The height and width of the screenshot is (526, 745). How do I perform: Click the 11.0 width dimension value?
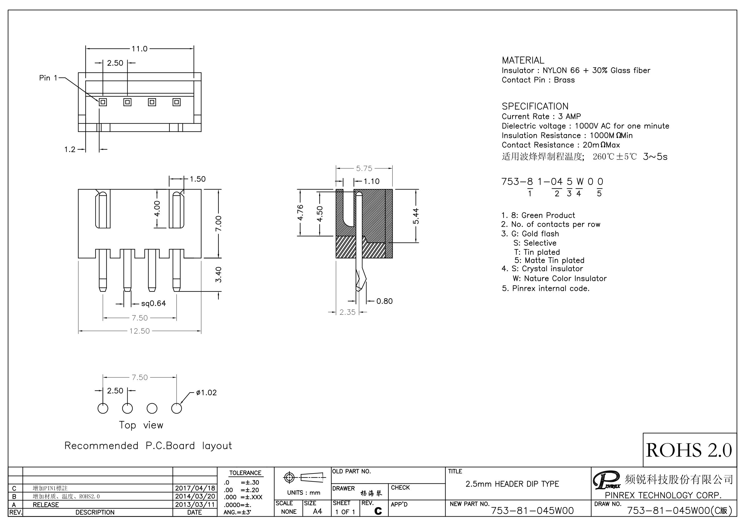tap(139, 49)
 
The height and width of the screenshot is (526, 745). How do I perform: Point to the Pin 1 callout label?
tap(48, 78)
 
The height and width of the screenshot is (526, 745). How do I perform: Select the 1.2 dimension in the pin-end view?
tap(69, 149)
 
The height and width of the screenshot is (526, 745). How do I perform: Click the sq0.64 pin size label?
tap(153, 303)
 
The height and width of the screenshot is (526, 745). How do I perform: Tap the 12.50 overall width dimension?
tap(140, 331)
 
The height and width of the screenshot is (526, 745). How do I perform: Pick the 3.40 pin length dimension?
tap(218, 275)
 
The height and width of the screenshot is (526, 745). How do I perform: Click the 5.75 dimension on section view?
tap(364, 168)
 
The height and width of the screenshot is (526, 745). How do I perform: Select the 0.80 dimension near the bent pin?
tap(384, 301)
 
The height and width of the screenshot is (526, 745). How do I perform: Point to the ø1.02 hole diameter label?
tap(206, 393)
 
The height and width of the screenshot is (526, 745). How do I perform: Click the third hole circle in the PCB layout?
tap(152, 408)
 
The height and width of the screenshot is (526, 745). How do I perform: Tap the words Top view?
tap(141, 425)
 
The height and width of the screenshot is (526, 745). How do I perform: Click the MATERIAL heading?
tap(523, 60)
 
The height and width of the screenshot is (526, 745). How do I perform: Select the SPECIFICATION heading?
tap(535, 106)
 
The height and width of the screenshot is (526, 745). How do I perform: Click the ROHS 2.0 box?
tap(689, 450)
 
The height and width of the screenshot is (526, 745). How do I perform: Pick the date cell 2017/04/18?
tap(195, 488)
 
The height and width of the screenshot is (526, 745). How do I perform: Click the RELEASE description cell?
tap(46, 505)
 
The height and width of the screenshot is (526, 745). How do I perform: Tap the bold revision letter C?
tap(378, 511)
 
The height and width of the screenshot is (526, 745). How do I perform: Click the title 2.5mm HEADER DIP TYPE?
tap(512, 484)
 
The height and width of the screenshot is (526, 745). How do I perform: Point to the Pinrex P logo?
tap(605, 480)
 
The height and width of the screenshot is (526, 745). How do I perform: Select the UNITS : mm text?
tap(303, 492)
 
